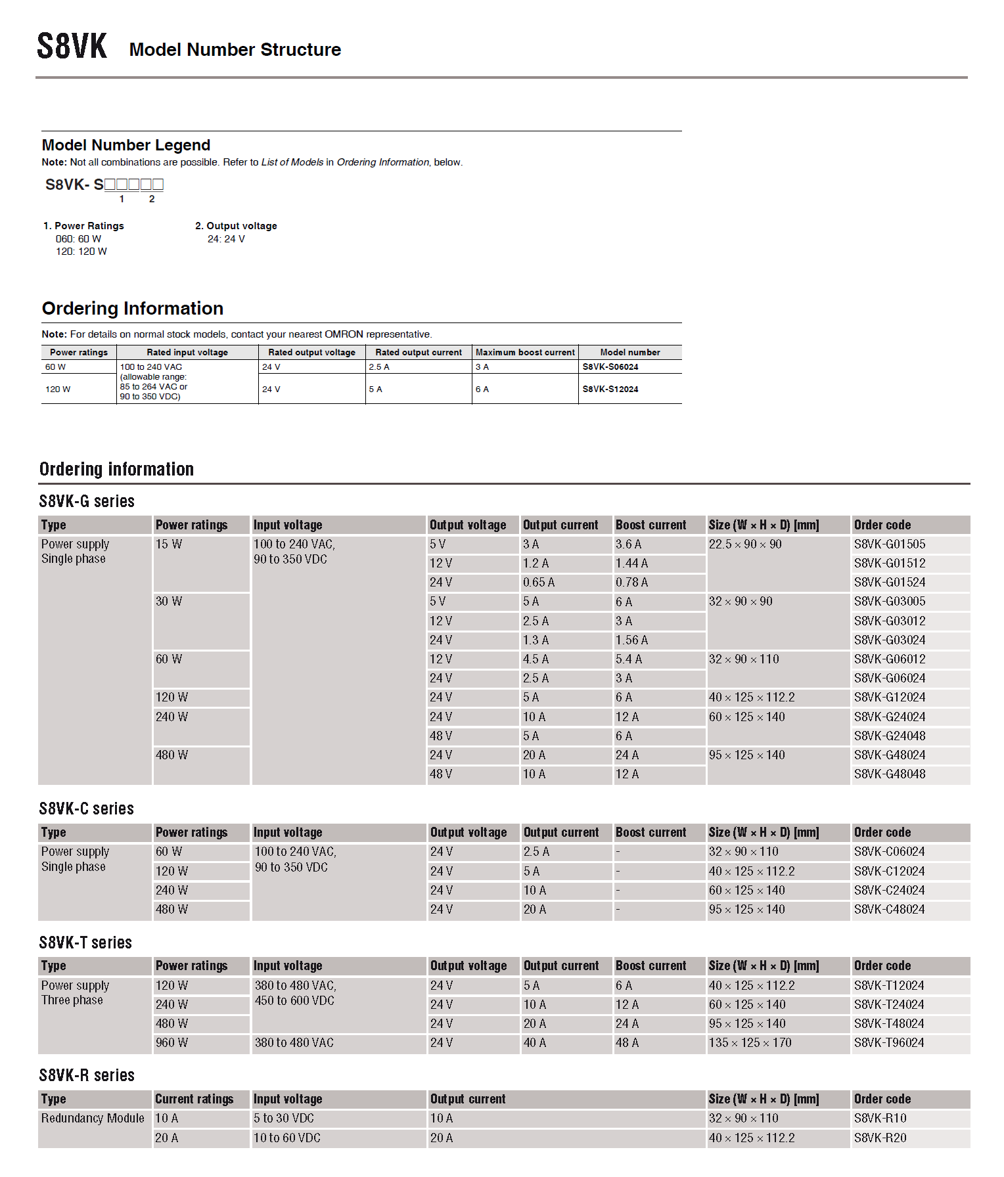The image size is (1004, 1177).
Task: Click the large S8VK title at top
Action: click(72, 47)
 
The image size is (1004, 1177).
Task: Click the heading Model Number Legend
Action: click(126, 145)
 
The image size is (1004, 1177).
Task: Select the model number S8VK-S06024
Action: click(610, 367)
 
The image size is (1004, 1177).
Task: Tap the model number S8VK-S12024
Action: click(610, 389)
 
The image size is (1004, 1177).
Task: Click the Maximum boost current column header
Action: click(525, 353)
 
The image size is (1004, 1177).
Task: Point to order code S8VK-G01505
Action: click(889, 544)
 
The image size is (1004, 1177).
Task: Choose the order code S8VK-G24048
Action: click(889, 736)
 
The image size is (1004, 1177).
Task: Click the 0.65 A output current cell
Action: click(538, 583)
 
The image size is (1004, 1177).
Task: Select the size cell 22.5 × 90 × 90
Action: click(744, 544)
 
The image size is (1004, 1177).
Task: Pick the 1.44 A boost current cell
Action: click(631, 564)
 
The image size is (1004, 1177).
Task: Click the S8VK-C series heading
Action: click(86, 809)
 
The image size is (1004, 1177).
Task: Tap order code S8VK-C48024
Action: click(889, 910)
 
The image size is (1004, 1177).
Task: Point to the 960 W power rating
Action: click(171, 1043)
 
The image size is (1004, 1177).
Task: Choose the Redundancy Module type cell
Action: click(93, 1119)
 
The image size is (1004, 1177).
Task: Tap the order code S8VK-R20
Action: click(880, 1138)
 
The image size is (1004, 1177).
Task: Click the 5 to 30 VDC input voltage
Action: click(284, 1119)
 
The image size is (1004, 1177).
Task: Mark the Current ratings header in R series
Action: click(194, 1099)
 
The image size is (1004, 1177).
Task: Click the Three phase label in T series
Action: click(72, 1000)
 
